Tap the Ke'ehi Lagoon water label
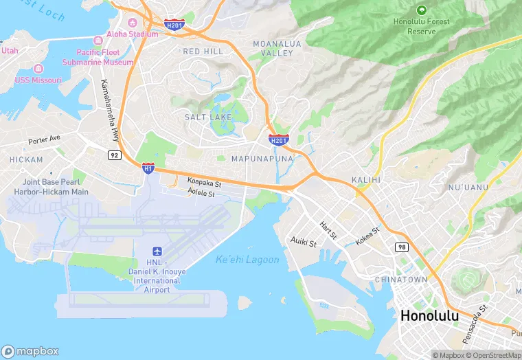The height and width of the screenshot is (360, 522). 247,260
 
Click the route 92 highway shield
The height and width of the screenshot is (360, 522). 113,156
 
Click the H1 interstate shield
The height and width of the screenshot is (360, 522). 148,167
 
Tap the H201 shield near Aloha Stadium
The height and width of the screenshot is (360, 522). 174,25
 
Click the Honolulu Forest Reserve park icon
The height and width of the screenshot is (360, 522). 421,10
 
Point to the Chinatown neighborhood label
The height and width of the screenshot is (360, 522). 401,280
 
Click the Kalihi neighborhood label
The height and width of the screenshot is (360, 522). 366,179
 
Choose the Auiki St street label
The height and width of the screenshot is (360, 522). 303,243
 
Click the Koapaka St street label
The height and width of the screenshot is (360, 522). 204,183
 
